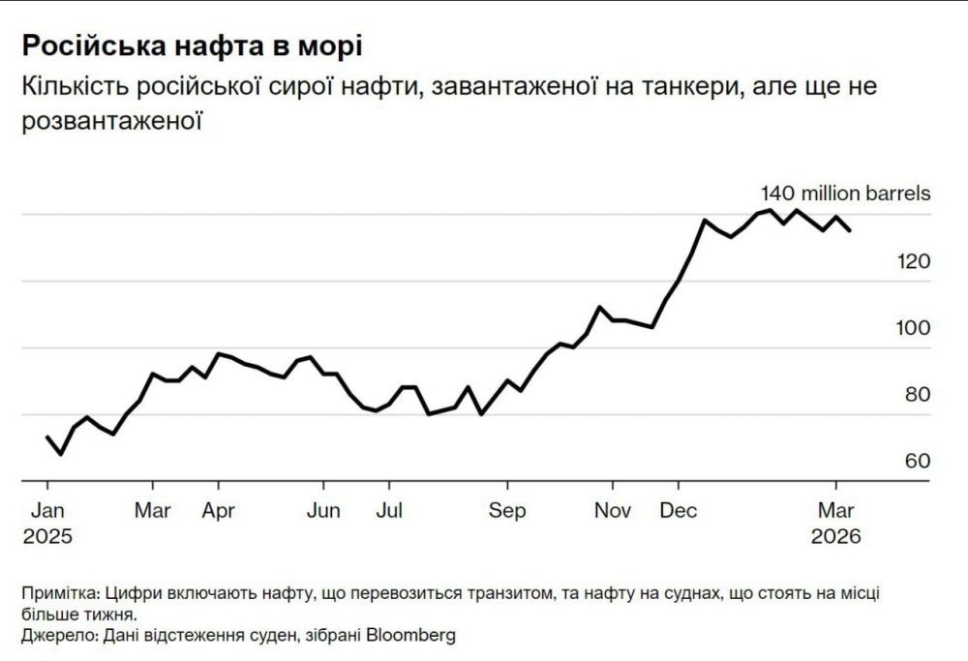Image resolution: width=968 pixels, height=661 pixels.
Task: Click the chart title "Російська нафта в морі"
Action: (x=193, y=46)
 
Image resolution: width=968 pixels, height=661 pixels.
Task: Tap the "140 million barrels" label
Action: (x=845, y=193)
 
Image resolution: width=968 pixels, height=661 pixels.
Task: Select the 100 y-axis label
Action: (x=913, y=328)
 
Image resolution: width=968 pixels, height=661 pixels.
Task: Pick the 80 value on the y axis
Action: (x=916, y=395)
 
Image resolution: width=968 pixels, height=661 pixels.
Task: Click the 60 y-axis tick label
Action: (x=916, y=461)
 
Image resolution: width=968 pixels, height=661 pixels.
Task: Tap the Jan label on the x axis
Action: (x=47, y=510)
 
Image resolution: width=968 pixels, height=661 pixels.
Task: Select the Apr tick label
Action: (x=219, y=510)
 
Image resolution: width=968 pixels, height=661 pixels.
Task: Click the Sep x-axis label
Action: (x=507, y=510)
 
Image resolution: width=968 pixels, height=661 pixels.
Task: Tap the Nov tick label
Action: (x=613, y=510)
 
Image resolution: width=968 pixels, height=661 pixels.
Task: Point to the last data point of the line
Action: (x=850, y=230)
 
